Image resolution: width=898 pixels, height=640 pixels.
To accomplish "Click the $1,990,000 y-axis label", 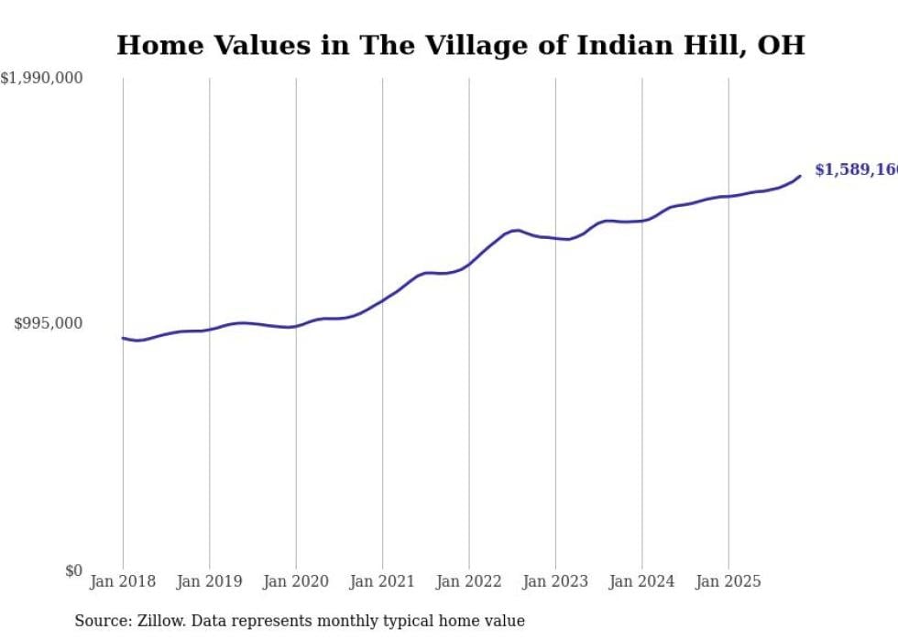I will tap(41, 79).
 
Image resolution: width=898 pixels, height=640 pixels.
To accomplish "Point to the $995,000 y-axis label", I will tap(49, 323).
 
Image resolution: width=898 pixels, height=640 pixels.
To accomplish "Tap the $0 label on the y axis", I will tap(72, 570).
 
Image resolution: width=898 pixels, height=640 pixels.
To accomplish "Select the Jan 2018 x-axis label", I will tap(123, 581).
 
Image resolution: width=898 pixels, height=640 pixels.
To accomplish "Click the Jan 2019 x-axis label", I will tap(209, 581).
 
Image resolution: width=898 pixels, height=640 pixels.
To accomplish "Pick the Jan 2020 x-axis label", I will tap(296, 581).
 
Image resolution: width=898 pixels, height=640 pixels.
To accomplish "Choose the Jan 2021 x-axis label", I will tap(382, 581).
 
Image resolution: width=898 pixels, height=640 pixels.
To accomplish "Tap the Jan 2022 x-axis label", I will tap(469, 581).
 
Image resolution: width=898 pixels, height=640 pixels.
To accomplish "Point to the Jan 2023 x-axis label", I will tap(555, 581).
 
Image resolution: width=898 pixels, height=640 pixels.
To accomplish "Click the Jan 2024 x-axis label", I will tap(642, 581).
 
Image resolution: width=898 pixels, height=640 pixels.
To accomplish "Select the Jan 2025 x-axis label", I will tap(728, 581).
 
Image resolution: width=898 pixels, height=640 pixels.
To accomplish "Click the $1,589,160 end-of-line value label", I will tap(856, 170).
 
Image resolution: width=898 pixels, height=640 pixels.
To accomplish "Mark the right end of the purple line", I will tap(800, 176).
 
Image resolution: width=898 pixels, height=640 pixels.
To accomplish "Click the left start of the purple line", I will tap(123, 338).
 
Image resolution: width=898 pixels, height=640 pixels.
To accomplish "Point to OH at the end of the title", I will tap(781, 46).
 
